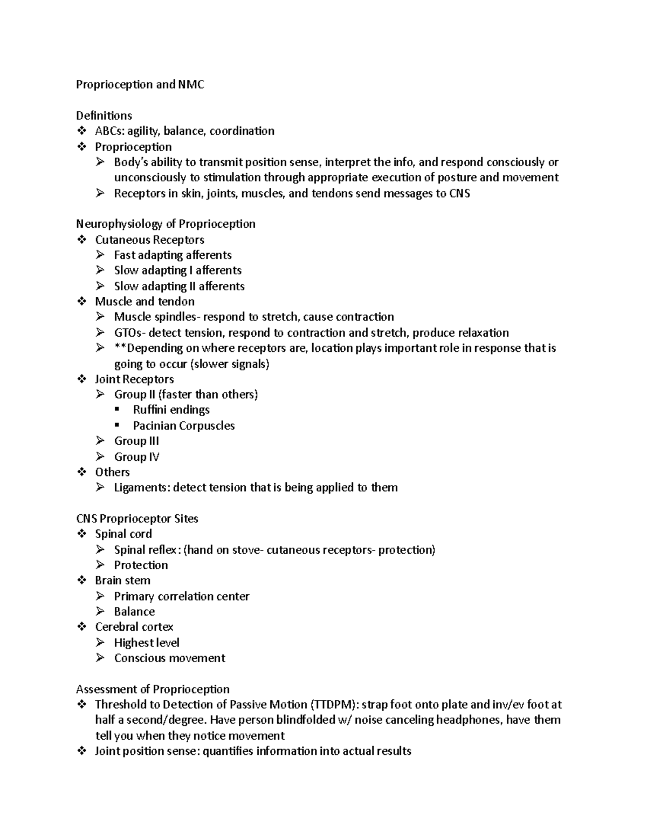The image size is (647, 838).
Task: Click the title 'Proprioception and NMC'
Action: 140,85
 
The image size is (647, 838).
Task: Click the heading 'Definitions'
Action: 104,116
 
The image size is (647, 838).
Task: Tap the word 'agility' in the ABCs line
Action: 143,131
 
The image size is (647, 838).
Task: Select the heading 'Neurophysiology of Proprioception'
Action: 166,224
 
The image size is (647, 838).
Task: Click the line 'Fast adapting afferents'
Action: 173,255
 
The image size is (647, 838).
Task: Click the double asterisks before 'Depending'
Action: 120,348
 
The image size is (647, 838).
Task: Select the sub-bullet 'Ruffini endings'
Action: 171,410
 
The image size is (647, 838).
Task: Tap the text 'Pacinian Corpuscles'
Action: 184,426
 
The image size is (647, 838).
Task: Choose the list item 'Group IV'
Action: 136,457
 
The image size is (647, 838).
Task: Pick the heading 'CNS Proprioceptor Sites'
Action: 137,519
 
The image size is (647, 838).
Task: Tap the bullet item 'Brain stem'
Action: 122,581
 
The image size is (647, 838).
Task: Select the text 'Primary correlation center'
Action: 182,597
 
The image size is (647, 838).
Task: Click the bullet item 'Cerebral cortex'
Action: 134,627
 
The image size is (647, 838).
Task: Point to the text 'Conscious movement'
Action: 169,658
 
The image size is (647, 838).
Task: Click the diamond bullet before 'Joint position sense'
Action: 82,751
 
